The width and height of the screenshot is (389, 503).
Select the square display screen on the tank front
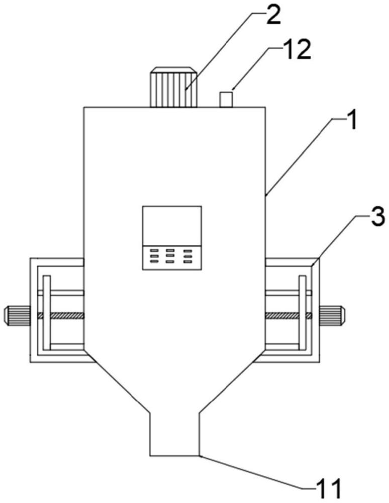pos(172,225)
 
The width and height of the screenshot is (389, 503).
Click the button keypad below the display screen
pos(172,257)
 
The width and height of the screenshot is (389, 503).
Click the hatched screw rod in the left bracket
pos(60,315)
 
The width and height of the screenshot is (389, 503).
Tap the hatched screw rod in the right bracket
pos(286,315)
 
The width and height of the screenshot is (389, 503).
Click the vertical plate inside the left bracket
pos(46,312)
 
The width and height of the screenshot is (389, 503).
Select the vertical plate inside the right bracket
pos(303,312)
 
